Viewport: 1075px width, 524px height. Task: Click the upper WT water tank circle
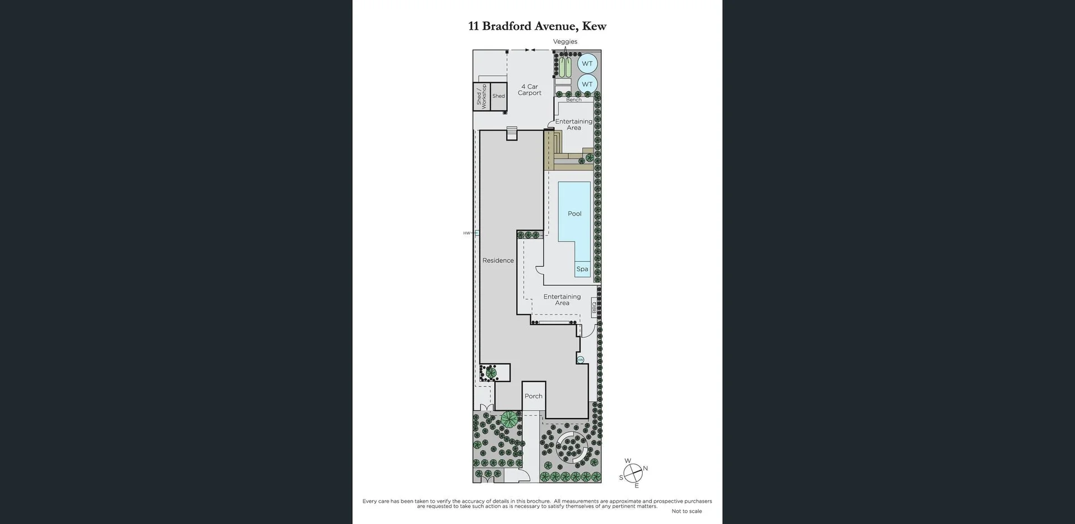pyautogui.click(x=587, y=63)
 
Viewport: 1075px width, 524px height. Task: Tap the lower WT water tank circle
pyautogui.click(x=587, y=84)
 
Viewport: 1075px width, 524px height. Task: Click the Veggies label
pyautogui.click(x=565, y=41)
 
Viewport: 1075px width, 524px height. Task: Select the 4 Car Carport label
pyautogui.click(x=529, y=90)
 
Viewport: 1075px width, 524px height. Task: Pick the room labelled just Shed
pyautogui.click(x=498, y=96)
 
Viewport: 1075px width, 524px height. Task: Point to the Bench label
pyautogui.click(x=573, y=100)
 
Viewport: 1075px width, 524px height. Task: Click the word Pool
pyautogui.click(x=574, y=214)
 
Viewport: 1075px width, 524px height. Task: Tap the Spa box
pyautogui.click(x=582, y=269)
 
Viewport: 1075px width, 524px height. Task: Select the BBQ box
pyautogui.click(x=594, y=308)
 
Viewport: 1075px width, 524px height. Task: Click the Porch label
pyautogui.click(x=533, y=396)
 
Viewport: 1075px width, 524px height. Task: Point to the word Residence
pyautogui.click(x=498, y=261)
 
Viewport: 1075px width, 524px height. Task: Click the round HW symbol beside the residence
pyautogui.click(x=581, y=359)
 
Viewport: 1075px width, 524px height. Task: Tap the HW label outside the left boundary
pyautogui.click(x=466, y=233)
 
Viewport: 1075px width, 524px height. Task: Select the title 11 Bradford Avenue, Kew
pyautogui.click(x=537, y=26)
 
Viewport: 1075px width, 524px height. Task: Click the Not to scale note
pyautogui.click(x=686, y=511)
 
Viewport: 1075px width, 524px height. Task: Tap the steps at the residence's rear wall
pyautogui.click(x=511, y=134)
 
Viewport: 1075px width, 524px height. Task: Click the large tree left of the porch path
pyautogui.click(x=510, y=419)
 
